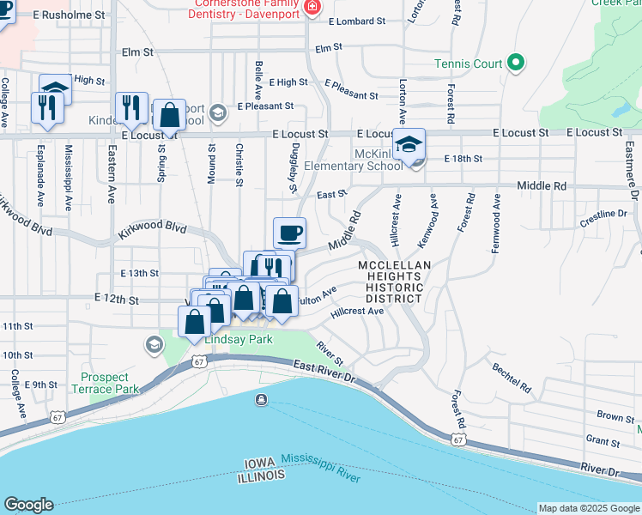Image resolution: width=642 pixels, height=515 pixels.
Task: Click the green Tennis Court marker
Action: (516, 63)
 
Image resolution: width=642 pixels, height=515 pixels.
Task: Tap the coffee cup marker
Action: (289, 232)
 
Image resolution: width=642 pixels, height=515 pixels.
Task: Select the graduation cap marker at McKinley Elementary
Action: (409, 143)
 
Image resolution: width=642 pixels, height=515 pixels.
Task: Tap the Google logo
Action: (28, 505)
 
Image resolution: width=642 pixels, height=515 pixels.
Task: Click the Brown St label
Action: (615, 416)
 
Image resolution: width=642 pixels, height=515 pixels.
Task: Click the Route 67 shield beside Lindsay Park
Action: (199, 362)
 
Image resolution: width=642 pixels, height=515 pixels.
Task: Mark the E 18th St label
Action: (463, 160)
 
